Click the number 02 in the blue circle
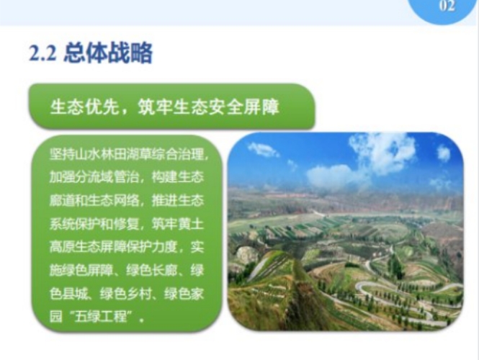point(447,6)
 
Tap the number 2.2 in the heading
point(42,54)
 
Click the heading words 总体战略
point(108,53)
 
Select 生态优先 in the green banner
point(84,107)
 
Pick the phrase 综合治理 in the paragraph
point(177,154)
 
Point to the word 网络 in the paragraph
point(126,200)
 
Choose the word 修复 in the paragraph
point(126,224)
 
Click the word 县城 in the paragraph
point(75,294)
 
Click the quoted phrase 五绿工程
point(101,317)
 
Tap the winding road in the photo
point(406,293)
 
